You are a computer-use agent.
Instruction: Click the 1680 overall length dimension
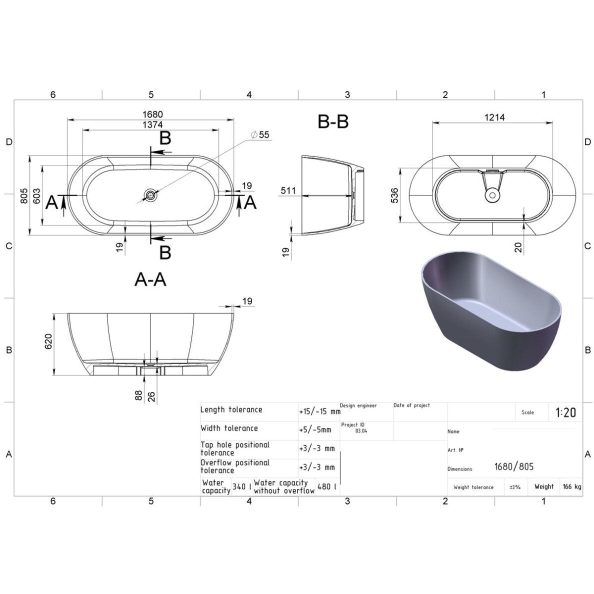tap(152, 114)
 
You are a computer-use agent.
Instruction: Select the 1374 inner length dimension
tap(152, 124)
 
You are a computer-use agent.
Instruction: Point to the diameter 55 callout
tap(260, 134)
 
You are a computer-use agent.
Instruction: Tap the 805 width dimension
tap(24, 196)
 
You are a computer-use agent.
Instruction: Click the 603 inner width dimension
tap(36, 196)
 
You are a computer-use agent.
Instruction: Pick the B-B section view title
tap(333, 121)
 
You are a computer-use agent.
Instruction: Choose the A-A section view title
tap(150, 279)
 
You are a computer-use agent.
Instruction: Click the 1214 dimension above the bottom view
tap(494, 117)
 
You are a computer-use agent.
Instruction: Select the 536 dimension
tap(394, 195)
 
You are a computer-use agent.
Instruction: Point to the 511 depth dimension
tap(288, 190)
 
